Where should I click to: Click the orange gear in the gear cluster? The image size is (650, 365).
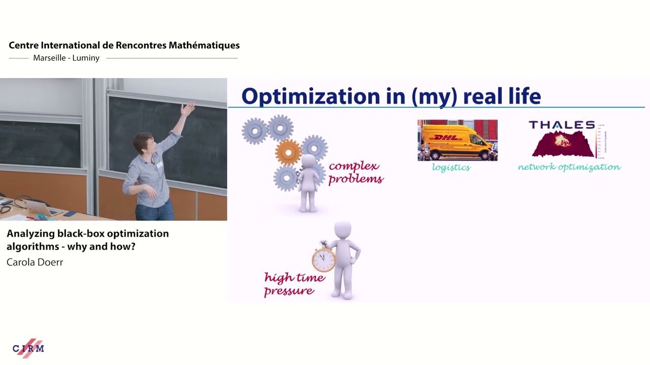tap(288, 151)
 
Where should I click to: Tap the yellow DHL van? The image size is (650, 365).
tap(457, 141)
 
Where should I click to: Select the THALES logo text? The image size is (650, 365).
tap(562, 125)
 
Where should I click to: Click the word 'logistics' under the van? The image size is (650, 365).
tap(451, 167)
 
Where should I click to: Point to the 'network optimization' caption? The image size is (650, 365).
tap(569, 167)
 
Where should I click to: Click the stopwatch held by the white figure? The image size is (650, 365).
tap(323, 259)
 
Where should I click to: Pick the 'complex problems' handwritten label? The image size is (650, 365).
tap(355, 172)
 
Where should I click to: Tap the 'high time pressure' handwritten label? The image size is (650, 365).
tap(294, 284)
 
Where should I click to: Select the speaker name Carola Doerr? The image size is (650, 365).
tap(35, 262)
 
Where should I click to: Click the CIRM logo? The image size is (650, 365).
tap(28, 348)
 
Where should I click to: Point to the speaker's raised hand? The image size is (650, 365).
tap(188, 107)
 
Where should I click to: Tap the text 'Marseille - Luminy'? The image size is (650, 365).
tap(66, 58)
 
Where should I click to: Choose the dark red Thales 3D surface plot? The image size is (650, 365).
tap(563, 143)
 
